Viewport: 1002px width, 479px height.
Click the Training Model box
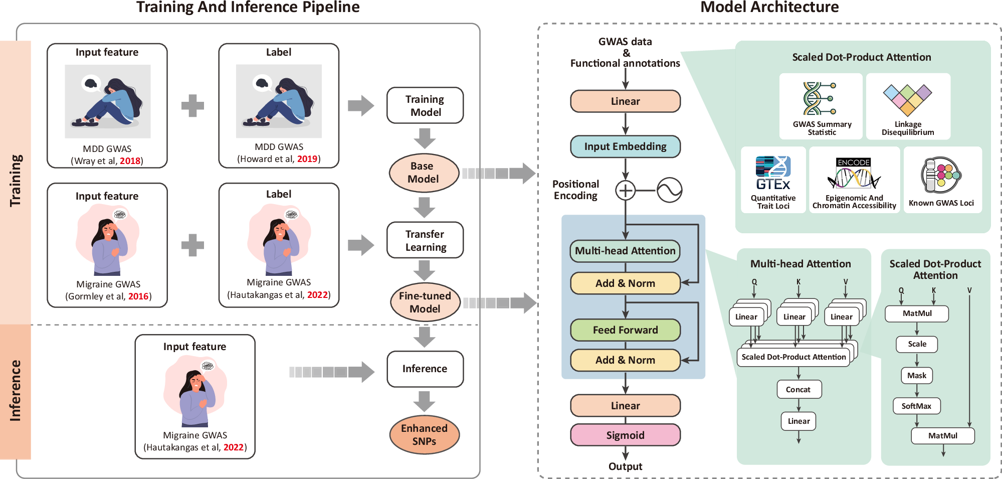click(425, 105)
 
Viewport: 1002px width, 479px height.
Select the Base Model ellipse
click(424, 173)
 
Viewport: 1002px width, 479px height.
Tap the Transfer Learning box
click(425, 240)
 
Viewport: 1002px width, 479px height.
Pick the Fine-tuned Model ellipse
click(425, 302)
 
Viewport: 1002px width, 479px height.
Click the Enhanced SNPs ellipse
click(424, 435)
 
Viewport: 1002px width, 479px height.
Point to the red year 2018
click(130, 161)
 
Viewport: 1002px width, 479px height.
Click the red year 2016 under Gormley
click(138, 296)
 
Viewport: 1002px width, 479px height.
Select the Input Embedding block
click(625, 146)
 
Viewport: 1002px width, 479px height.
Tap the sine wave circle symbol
click(669, 191)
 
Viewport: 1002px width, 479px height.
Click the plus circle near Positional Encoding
click(625, 191)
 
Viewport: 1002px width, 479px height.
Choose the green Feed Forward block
click(625, 330)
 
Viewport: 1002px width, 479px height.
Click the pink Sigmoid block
click(625, 435)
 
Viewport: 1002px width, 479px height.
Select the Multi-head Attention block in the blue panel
click(625, 251)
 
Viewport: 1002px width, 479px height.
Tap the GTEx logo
click(773, 173)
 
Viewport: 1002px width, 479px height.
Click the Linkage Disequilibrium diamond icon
click(907, 99)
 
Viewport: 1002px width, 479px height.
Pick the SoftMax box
click(916, 406)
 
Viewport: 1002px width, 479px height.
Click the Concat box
click(798, 390)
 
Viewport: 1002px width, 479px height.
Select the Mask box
click(917, 376)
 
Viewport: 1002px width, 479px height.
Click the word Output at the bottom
click(625, 466)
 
